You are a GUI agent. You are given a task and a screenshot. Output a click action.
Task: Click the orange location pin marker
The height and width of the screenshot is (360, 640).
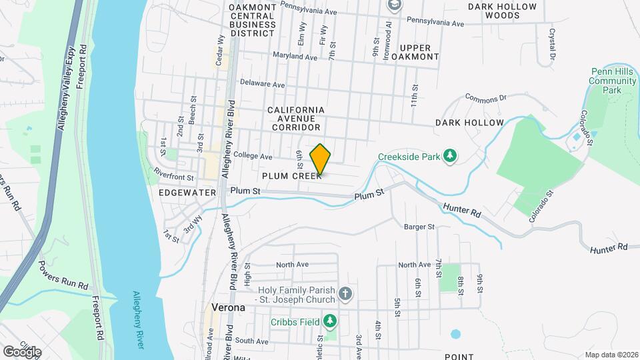coord(320,159)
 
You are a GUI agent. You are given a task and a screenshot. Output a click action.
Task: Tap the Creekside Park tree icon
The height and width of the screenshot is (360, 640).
coord(451,155)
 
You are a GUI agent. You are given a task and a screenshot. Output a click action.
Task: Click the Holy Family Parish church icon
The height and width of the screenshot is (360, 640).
coord(345,293)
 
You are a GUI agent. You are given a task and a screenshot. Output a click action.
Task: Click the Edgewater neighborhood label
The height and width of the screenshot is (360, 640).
coord(187,192)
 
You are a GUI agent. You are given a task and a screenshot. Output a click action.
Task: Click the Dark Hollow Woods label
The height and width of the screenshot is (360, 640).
coord(502,11)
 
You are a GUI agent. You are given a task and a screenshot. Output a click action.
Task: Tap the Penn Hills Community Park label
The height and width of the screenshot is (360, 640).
coord(613,81)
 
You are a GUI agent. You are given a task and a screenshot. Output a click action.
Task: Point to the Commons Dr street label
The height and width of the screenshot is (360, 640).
coord(486,97)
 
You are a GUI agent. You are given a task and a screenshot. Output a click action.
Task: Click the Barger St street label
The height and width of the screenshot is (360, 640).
coord(419,227)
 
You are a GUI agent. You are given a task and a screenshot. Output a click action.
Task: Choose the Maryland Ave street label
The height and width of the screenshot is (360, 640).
coord(294,57)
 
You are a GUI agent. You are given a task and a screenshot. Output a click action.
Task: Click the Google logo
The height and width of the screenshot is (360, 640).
coord(22,351)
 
